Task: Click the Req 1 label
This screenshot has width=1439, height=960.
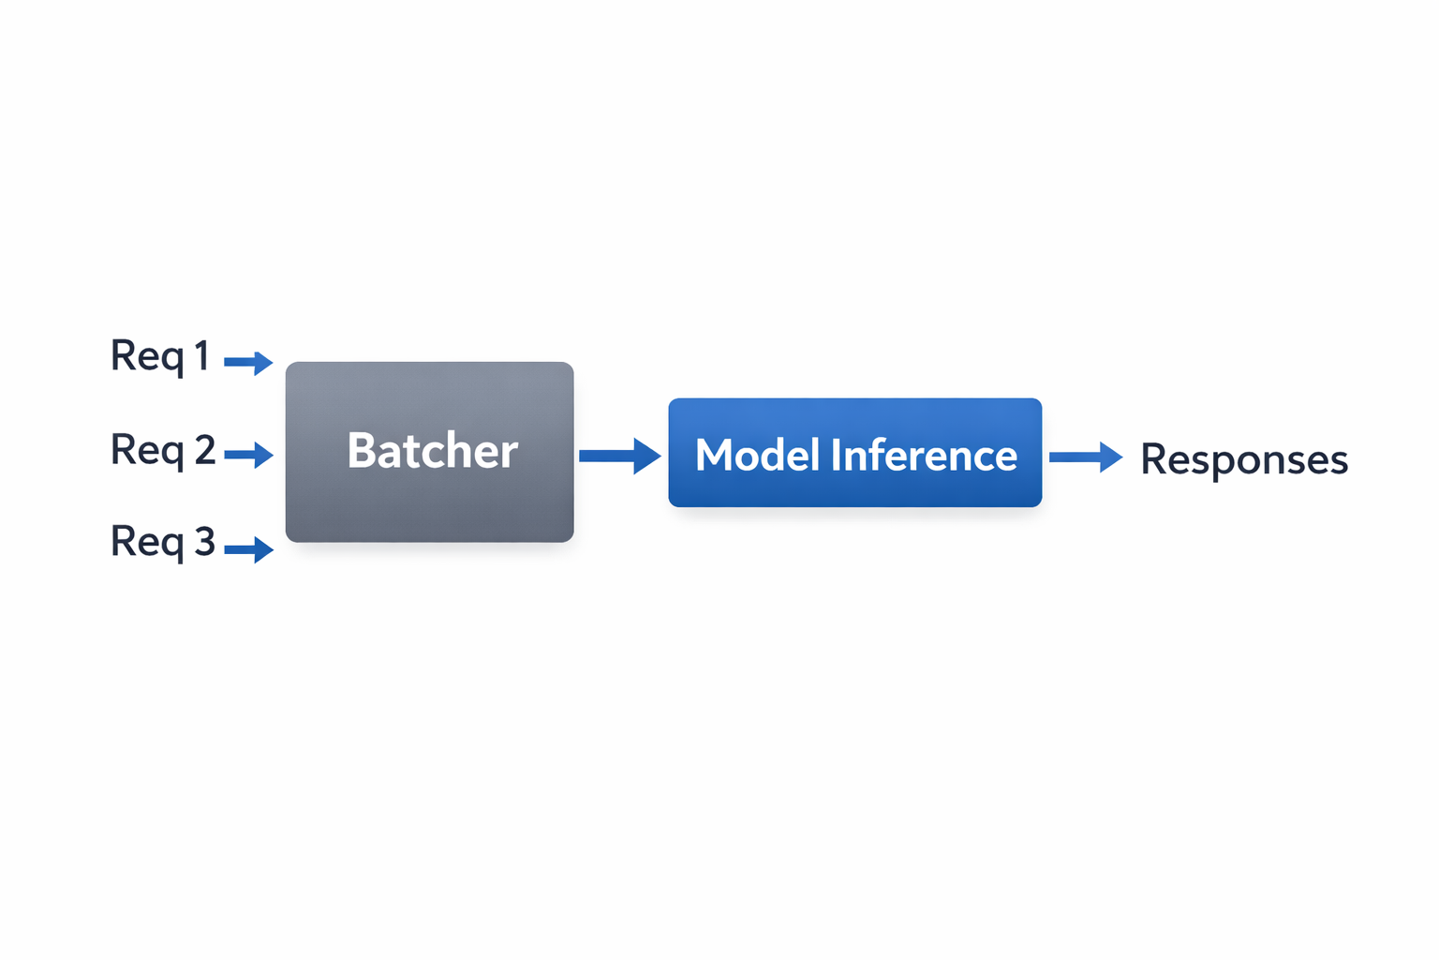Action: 159,357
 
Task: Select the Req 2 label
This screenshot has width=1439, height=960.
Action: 163,451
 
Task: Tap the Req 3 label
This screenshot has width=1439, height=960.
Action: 163,542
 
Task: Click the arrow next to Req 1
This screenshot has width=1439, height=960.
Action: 248,362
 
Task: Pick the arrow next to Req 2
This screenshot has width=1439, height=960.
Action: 248,456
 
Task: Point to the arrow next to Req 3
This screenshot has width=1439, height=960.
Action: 248,549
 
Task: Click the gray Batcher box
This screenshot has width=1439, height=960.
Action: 429,452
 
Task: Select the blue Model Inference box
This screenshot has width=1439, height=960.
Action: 854,453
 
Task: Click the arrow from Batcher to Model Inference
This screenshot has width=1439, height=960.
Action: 619,456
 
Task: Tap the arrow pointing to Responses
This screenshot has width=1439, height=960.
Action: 1085,457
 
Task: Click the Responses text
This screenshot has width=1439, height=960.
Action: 1243,460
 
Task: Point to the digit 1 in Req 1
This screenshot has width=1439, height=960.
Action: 200,356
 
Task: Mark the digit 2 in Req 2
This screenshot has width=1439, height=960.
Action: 204,450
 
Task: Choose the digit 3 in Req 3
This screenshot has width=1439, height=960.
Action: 204,541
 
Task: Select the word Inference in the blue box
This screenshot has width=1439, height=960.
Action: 924,456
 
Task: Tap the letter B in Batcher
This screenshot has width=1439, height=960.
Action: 361,451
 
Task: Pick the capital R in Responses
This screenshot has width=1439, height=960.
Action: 1154,459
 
